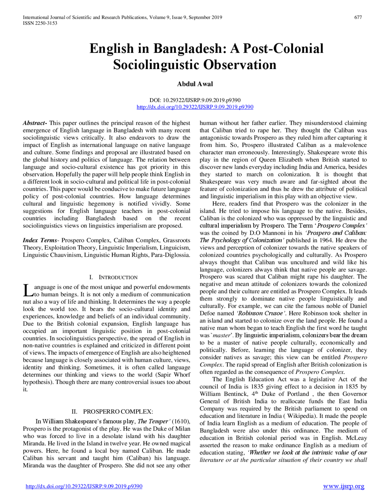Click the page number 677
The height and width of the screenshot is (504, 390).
click(358, 17)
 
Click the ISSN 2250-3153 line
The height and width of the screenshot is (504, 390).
click(40, 23)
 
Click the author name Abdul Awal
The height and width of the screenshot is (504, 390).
click(195, 84)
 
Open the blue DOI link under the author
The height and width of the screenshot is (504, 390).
click(195, 107)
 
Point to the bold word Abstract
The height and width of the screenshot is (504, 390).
click(34, 123)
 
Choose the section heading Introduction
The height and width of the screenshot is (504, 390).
click(118, 277)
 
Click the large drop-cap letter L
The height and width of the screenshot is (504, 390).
click(28, 290)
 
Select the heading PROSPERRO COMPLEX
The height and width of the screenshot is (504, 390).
click(118, 412)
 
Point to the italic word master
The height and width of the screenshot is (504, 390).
click(222, 335)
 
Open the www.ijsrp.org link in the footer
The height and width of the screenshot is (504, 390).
click(343, 486)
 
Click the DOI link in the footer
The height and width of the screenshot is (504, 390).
click(84, 486)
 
